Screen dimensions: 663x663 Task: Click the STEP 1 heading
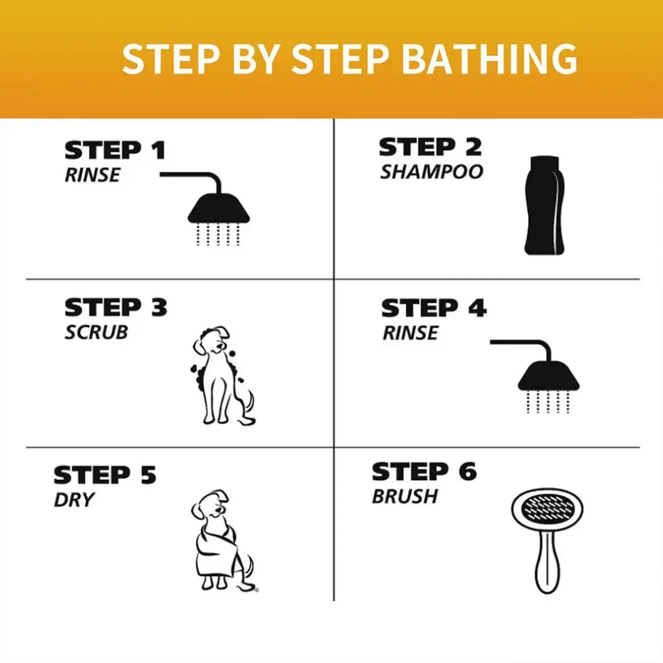click(115, 151)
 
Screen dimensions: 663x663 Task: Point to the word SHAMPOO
click(432, 172)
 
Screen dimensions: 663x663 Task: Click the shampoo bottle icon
click(544, 206)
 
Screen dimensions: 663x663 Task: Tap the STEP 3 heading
click(116, 308)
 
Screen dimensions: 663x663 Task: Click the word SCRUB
click(96, 332)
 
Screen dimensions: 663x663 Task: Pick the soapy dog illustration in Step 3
click(223, 375)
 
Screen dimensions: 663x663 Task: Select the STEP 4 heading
click(434, 308)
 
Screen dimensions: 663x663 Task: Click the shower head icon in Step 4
click(535, 376)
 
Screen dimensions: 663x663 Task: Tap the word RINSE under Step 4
click(410, 333)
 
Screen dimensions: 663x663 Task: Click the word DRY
click(74, 500)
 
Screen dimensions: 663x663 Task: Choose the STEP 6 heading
click(424, 471)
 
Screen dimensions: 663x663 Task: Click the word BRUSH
click(404, 497)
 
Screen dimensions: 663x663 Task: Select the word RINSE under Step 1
click(92, 175)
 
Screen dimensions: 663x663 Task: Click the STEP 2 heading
click(430, 147)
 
